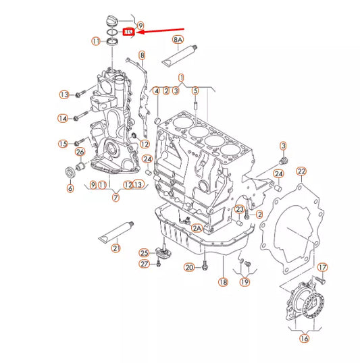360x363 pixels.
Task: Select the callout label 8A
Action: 178,40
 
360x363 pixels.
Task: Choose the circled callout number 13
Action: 64,94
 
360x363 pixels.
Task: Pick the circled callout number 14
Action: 63,119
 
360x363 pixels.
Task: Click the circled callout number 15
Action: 63,143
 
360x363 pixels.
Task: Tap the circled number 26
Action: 80,151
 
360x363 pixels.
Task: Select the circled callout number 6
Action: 70,188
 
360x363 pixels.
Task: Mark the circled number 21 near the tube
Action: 115,249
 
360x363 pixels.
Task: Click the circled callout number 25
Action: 144,252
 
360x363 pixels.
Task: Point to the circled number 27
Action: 144,264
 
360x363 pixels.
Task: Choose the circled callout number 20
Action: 190,268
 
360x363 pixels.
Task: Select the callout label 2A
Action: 197,229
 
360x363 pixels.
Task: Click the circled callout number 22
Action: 301,171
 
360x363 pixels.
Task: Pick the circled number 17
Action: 322,267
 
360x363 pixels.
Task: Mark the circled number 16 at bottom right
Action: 304,339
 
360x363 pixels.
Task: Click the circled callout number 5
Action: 195,90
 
